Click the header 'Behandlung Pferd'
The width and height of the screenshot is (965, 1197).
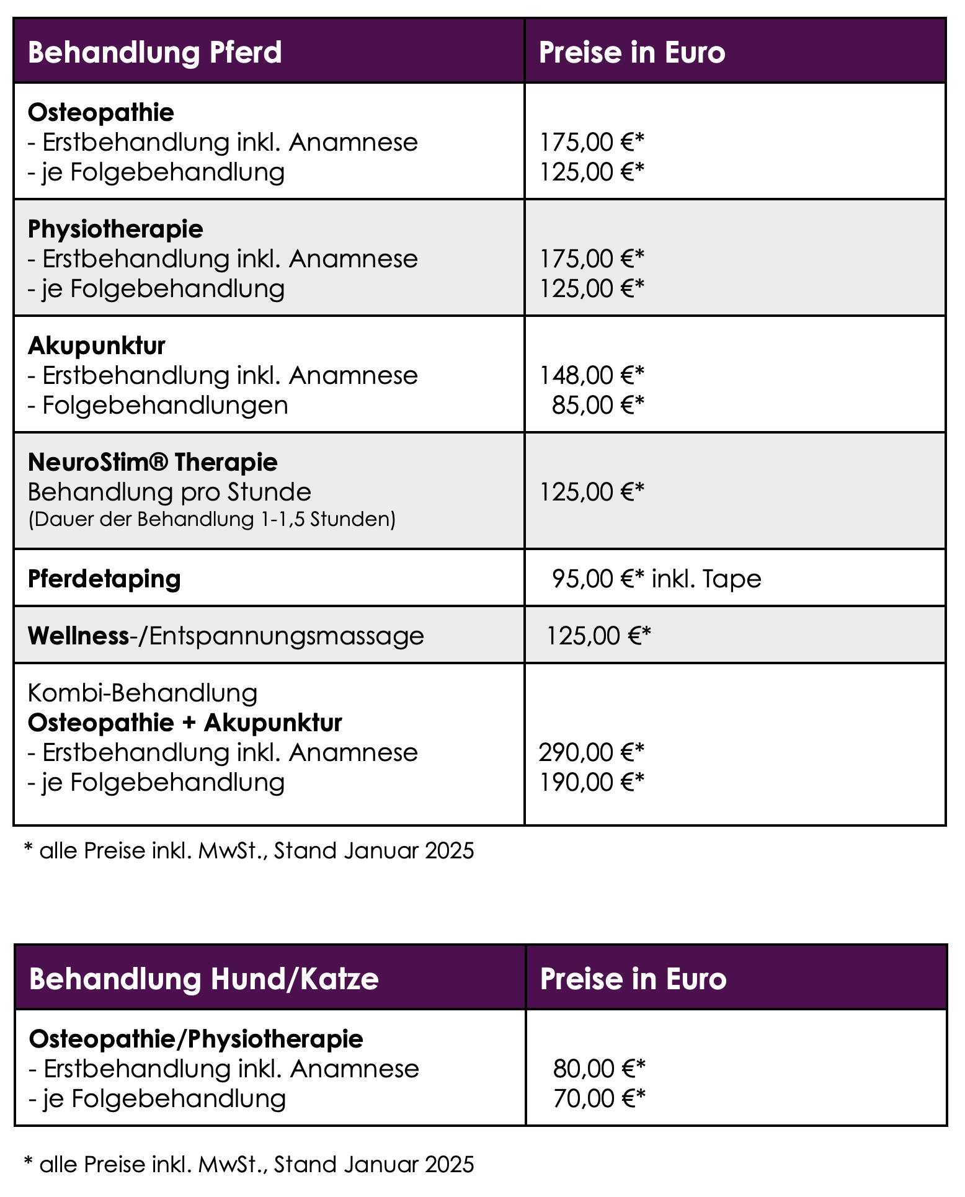click(155, 53)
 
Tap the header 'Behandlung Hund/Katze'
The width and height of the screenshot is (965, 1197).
click(203, 979)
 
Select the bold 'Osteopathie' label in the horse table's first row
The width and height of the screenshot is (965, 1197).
click(101, 113)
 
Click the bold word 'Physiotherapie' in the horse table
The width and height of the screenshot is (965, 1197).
click(115, 229)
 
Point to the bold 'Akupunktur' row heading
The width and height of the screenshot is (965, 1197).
click(97, 346)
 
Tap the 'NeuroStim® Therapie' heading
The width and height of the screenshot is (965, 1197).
click(153, 463)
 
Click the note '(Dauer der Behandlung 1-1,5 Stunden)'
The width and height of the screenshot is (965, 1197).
click(211, 519)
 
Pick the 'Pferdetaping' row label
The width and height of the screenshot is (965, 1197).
click(104, 579)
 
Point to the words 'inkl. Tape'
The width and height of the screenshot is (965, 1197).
click(706, 579)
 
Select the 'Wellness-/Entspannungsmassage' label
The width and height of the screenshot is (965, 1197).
click(226, 636)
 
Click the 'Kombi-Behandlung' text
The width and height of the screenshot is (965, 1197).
click(143, 693)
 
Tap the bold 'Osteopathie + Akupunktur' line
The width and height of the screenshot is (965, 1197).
click(185, 723)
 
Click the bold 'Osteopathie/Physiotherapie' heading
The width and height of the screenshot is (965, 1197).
click(196, 1039)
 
